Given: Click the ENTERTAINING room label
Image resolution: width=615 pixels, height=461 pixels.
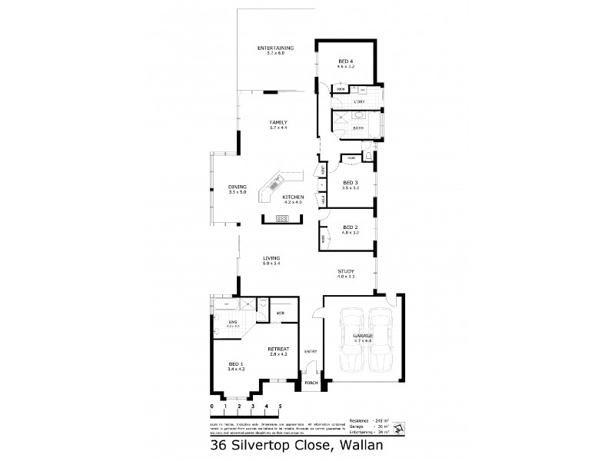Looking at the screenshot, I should click(x=275, y=48).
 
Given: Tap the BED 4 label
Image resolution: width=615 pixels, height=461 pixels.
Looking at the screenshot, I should click(x=346, y=61).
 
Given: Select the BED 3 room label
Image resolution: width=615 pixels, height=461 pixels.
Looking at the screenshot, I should click(x=351, y=183).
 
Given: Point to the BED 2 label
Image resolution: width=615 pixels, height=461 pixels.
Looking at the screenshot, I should click(x=351, y=227).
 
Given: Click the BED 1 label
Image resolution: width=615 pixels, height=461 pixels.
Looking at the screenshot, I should click(x=237, y=365).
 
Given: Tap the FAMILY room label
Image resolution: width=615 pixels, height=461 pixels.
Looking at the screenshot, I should click(x=278, y=122).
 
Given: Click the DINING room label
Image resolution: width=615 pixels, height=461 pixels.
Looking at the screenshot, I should click(x=237, y=187).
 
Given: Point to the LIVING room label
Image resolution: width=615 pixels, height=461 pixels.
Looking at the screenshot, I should click(x=270, y=258).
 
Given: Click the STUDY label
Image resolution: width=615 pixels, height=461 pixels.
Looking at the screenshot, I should click(x=346, y=271).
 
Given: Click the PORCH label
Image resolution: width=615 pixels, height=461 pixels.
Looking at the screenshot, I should click(x=311, y=383).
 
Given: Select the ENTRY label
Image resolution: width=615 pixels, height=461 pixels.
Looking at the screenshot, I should click(x=311, y=351).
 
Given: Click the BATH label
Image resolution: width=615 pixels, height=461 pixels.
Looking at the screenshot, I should click(x=358, y=128).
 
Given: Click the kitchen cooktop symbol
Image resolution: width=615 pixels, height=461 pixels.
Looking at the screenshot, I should click(x=282, y=218).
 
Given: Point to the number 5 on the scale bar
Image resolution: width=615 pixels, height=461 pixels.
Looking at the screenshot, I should click(x=281, y=405).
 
